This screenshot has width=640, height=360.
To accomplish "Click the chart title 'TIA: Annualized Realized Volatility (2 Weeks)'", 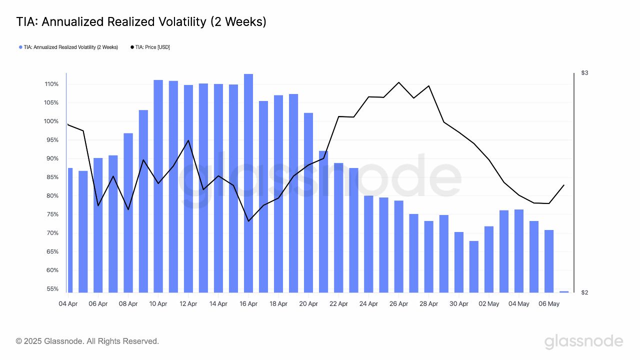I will coord(141,22).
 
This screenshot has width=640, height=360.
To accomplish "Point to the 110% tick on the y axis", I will coord(51,84).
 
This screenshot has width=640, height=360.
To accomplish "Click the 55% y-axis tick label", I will coord(52,289).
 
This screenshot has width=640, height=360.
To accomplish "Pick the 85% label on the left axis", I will coord(52,177).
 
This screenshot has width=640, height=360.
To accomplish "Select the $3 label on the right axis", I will coord(584,73).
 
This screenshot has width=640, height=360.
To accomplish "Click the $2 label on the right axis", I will coord(584,292).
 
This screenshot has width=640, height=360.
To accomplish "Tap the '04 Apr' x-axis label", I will coord(68,303).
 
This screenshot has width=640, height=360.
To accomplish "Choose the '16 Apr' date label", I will coord(248,303).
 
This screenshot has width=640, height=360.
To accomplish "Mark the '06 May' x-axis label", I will coord(549,303).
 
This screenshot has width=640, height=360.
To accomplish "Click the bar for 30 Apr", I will coord(459,262).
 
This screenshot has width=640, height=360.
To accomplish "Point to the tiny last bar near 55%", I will coord(564,291).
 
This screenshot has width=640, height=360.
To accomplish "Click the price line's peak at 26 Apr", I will coord(398,82).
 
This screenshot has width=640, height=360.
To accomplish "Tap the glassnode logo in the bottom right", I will coord(583,341).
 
